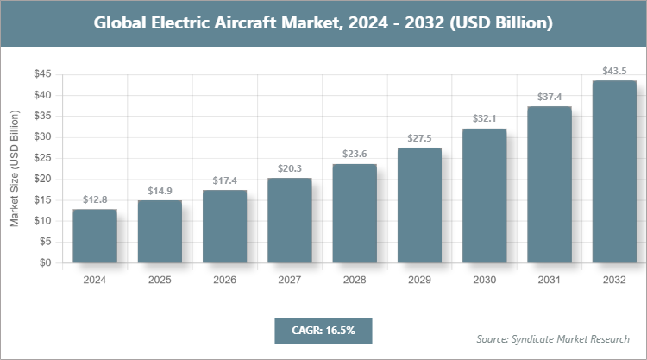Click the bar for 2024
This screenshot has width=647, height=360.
pos(95,236)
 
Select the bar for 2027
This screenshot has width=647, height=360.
pos(289,220)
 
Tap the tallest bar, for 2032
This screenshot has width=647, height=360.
pos(614,172)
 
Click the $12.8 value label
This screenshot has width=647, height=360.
pos(95,199)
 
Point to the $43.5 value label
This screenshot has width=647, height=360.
pos(614,71)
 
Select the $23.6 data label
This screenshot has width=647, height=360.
pos(355,154)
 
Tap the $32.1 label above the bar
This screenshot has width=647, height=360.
pos(484,118)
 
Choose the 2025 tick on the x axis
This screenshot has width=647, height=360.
pos(160,280)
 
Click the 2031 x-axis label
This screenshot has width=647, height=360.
pos(550,280)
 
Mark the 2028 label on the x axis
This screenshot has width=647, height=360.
pos(355,280)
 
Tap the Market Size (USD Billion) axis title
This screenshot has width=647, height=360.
pos(15,169)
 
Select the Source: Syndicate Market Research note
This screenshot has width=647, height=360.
pos(553,338)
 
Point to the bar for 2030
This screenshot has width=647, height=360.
pos(484,196)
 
